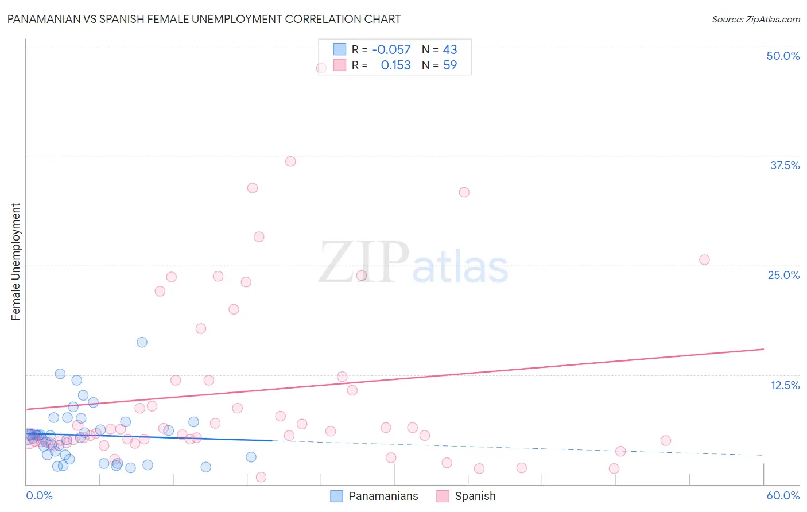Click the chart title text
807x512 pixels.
tap(204, 19)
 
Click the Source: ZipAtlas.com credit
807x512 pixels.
tap(755, 19)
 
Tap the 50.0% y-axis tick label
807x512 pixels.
tap(783, 56)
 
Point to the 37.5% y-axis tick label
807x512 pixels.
tap(785, 165)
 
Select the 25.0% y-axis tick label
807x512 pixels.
tap(783, 275)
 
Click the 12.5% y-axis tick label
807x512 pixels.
tap(785, 385)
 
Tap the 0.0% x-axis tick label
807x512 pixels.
tap(39, 495)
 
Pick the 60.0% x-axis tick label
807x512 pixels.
tap(783, 495)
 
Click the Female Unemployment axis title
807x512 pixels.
tap(15, 262)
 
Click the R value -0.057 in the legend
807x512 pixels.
tap(391, 49)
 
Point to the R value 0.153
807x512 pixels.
tap(395, 65)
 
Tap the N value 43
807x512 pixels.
tap(450, 49)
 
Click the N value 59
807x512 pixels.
tap(450, 65)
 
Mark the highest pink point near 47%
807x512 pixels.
tap(321, 68)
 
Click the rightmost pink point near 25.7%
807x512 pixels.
tap(704, 259)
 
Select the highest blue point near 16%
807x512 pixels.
tap(142, 342)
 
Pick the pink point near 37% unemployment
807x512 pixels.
tap(290, 161)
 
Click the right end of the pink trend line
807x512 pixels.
tap(763, 349)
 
